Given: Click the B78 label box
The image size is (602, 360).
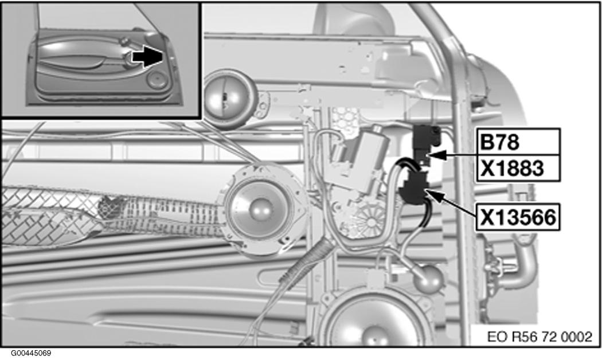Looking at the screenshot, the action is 518,142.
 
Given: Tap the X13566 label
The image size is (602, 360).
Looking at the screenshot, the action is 518,217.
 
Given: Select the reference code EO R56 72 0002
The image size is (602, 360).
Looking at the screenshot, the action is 540,337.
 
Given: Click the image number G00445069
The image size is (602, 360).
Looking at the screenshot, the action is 31,353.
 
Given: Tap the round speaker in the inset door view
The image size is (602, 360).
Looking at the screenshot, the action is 157,80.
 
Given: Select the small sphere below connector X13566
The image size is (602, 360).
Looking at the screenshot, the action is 428,279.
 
